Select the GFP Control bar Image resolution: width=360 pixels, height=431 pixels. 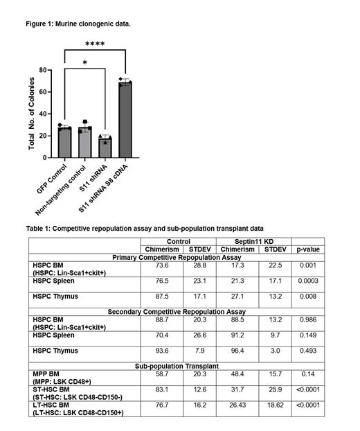pyautogui.click(x=64, y=143)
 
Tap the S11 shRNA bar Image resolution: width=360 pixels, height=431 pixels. pyautogui.click(x=105, y=148)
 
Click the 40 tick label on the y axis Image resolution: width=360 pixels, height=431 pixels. pyautogui.click(x=42, y=114)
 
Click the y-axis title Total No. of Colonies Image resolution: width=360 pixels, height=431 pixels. pyautogui.click(x=32, y=114)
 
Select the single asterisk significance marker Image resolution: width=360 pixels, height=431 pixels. pyautogui.click(x=84, y=63)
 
